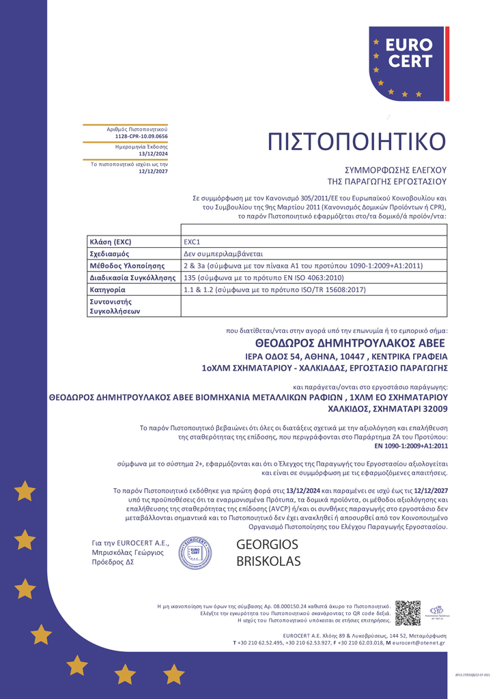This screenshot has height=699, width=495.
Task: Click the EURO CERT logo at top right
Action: tap(409, 63)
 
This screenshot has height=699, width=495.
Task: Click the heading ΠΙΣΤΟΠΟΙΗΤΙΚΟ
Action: tap(356, 141)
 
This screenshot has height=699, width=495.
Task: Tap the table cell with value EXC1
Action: tap(192, 242)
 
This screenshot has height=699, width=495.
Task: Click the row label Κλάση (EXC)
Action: tap(111, 242)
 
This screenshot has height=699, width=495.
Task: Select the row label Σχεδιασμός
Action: tap(110, 253)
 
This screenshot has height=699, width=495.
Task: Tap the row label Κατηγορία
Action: tap(108, 289)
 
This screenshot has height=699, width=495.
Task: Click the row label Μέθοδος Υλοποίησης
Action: tap(128, 266)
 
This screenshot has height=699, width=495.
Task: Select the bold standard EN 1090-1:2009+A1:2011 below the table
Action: tap(412, 446)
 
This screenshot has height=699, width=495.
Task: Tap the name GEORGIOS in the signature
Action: tap(267, 545)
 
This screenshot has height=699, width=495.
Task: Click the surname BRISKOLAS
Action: tap(268, 562)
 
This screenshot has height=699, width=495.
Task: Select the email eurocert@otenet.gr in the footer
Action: tap(419, 642)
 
